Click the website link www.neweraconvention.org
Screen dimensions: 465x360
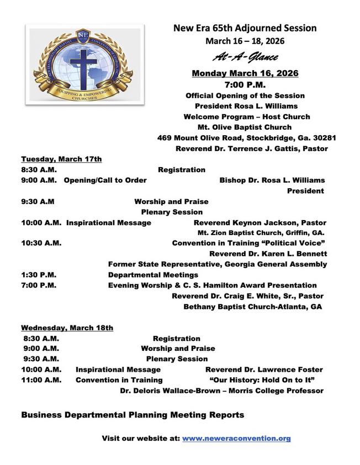pos(236,439)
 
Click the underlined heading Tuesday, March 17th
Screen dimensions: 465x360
pos(61,159)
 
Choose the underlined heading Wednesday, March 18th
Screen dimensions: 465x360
pos(67,328)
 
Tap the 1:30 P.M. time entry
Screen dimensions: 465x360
pos(39,275)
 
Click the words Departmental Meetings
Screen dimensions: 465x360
pos(153,275)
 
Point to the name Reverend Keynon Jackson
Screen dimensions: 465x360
pos(239,222)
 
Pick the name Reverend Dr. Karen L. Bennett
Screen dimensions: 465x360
pos(268,254)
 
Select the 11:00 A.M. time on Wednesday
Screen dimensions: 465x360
pos(41,380)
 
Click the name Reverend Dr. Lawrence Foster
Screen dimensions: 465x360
pos(264,370)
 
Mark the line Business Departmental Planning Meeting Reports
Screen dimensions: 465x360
pos(133,414)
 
